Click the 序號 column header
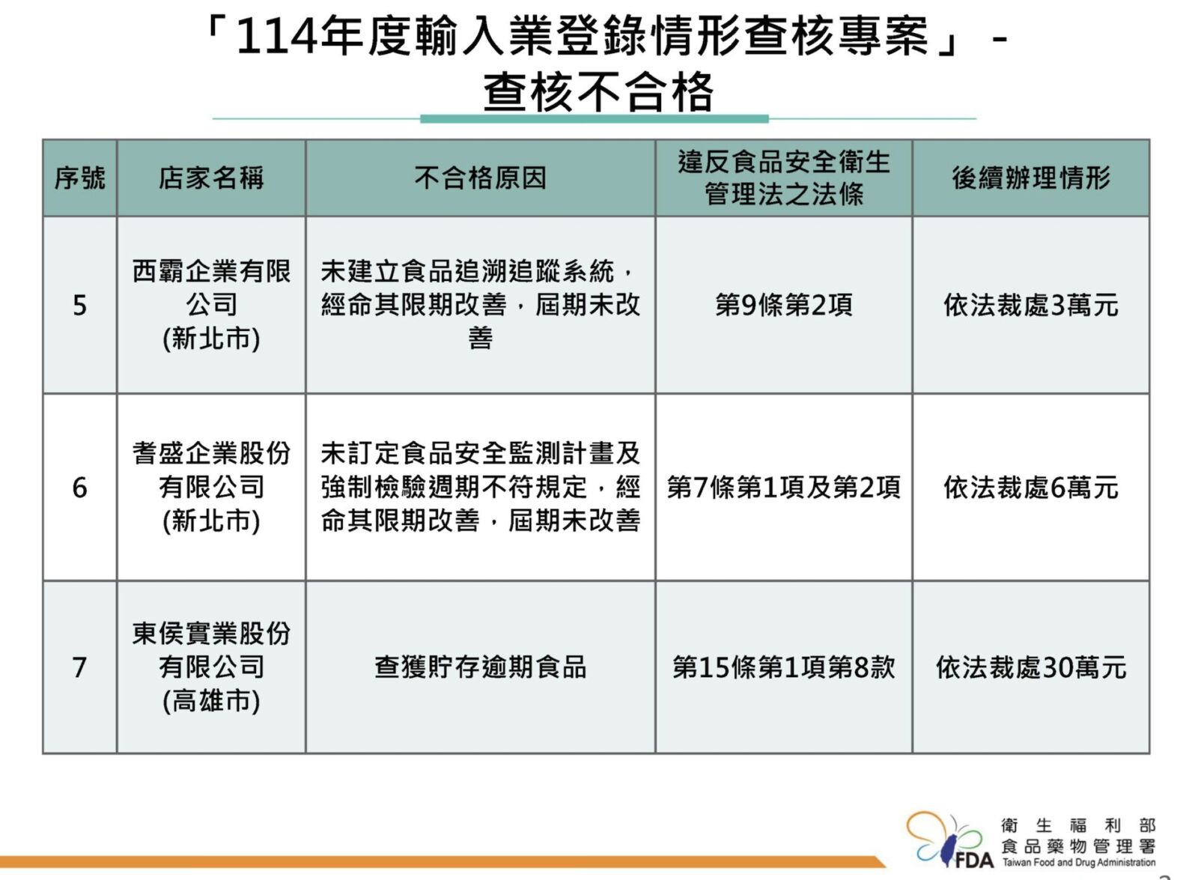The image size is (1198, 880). tap(79, 178)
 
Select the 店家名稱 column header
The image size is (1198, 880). tap(211, 178)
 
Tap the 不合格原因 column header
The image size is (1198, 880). tap(480, 178)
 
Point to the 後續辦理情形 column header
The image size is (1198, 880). tap(1030, 178)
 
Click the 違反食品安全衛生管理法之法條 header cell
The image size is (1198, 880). tap(783, 178)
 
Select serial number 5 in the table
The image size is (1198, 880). tap(79, 306)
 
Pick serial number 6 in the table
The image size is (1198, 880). tap(79, 488)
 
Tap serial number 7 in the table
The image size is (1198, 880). tap(79, 667)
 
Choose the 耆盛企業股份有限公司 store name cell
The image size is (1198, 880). tap(211, 487)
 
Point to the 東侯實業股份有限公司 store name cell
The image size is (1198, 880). tap(211, 667)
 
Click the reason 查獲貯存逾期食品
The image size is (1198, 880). tap(480, 667)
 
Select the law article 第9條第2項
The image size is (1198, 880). tap(783, 306)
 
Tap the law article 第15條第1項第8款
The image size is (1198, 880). tap(783, 667)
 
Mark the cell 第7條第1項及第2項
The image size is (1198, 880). tap(783, 488)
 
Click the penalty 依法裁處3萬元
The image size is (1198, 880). tap(1030, 306)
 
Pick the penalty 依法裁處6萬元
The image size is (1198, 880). tap(1030, 488)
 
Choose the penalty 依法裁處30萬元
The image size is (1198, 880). tap(1030, 667)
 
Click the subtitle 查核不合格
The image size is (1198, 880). tap(598, 92)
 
